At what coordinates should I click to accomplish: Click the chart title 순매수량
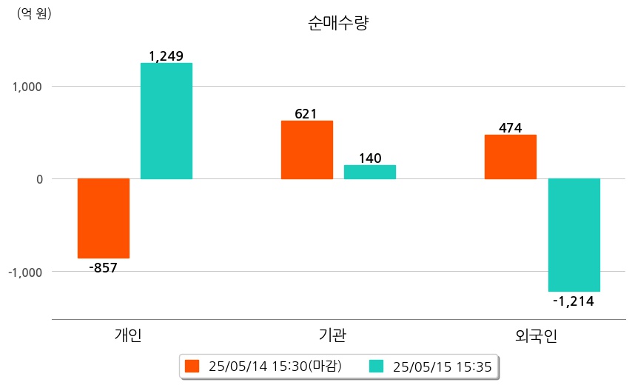point(337,24)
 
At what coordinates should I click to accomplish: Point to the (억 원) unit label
point(34,13)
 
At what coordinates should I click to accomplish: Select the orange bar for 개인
point(104,218)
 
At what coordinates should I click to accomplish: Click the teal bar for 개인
point(167,121)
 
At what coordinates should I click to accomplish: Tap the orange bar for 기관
point(307,150)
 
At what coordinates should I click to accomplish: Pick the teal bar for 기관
point(370,172)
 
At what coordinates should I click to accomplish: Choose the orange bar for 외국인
point(511,156)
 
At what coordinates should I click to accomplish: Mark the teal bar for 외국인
point(574,235)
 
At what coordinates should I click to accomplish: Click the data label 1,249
point(166,56)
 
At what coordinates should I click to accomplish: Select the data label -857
point(104,267)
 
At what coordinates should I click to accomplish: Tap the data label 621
point(306,114)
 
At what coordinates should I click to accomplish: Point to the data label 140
point(370,158)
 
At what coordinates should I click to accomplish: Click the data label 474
point(511,128)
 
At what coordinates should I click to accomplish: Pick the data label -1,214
point(574,301)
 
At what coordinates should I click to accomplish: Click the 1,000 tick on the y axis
point(27,87)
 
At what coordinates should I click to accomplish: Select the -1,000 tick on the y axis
point(25,272)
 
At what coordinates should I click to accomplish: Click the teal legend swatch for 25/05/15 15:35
point(376,366)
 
